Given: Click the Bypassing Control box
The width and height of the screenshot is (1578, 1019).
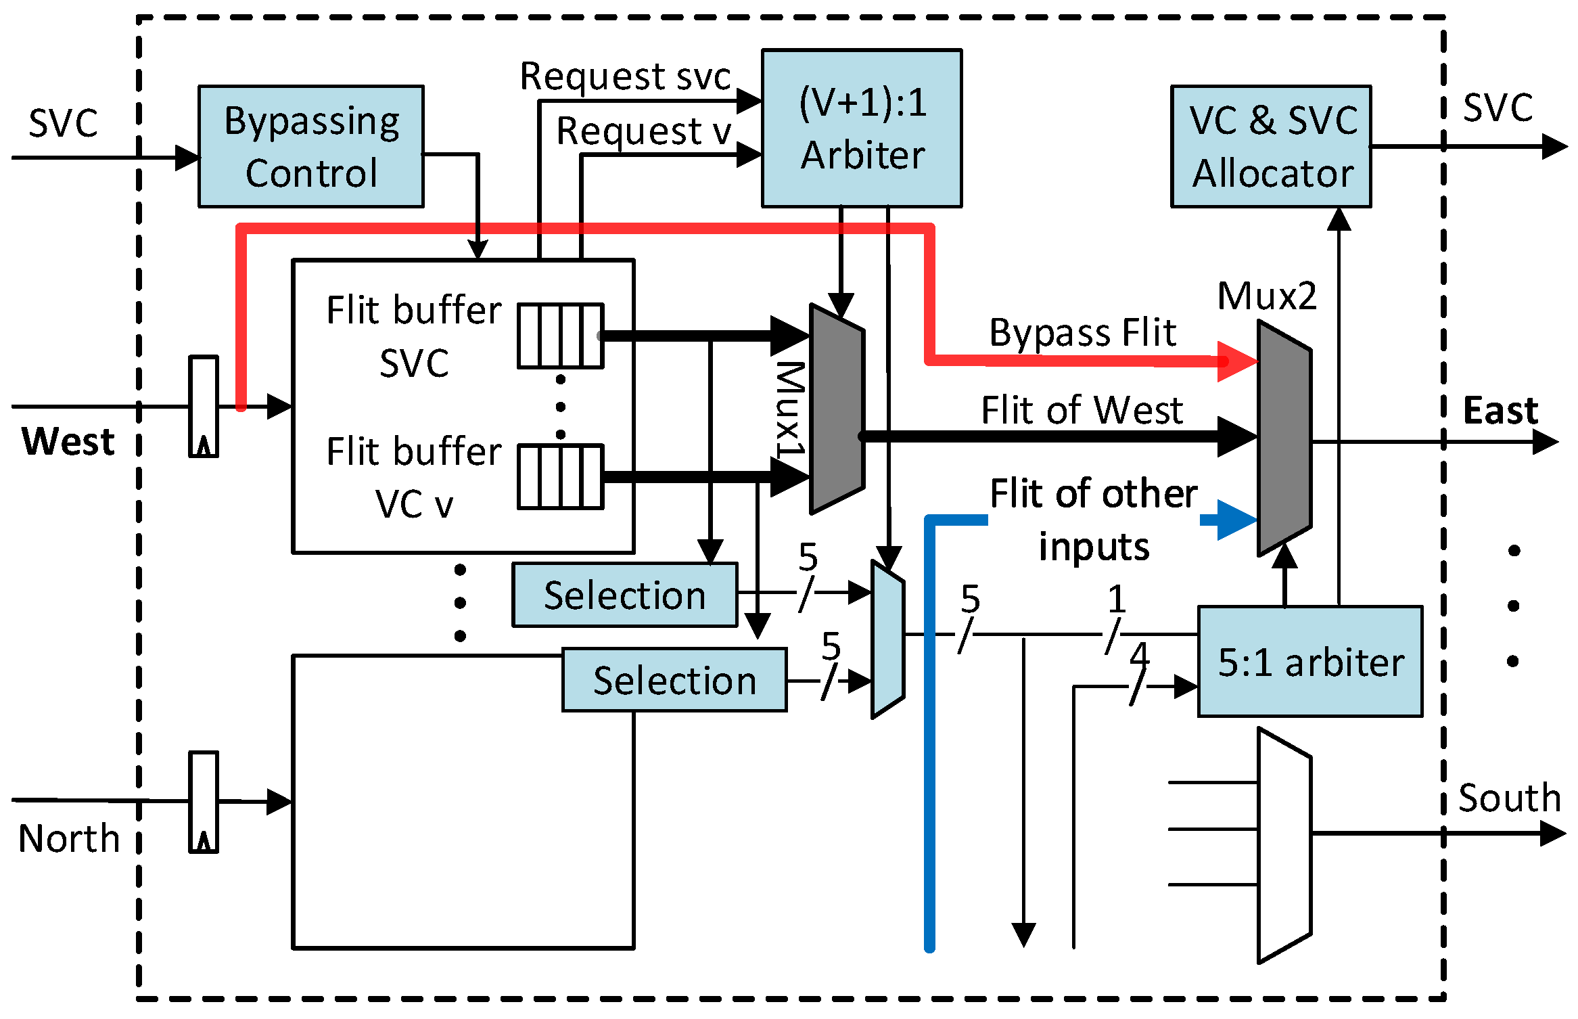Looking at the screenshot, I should tap(311, 146).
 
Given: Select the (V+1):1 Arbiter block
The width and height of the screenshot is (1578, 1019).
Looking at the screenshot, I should tap(862, 128).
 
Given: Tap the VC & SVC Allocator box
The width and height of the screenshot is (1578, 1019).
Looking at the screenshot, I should tap(1271, 146).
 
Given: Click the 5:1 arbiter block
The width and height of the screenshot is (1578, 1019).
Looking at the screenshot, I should tap(1309, 661).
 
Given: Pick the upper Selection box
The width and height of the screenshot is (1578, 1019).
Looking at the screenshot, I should tap(624, 595).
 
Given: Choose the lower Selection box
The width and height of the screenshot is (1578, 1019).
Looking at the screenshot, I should tap(674, 679).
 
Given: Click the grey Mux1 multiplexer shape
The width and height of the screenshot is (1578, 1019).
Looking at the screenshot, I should tap(837, 408).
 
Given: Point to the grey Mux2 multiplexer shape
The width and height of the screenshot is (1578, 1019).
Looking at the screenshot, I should tap(1284, 438).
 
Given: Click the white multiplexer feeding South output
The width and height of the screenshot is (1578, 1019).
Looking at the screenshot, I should tap(1284, 845).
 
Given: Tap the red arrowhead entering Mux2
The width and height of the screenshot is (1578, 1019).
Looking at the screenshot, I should tap(1236, 361).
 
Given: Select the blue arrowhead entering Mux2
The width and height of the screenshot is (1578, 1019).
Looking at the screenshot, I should tap(1235, 520).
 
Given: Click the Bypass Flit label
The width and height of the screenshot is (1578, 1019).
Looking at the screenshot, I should tap(1082, 333).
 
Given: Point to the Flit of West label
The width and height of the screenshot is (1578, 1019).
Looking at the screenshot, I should tap(1082, 410).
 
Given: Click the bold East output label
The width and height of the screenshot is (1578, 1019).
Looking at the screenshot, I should tap(1500, 410).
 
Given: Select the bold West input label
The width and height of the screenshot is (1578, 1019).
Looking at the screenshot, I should tap(68, 441).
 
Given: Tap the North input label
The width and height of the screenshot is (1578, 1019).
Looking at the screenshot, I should tap(68, 838).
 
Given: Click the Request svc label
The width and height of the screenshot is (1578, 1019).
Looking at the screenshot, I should tap(625, 76).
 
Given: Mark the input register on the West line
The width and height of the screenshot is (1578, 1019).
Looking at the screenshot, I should tap(204, 406).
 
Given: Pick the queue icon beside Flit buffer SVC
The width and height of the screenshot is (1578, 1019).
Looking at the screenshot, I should tap(560, 336).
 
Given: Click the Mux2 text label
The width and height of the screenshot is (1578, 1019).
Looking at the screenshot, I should tap(1267, 296).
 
